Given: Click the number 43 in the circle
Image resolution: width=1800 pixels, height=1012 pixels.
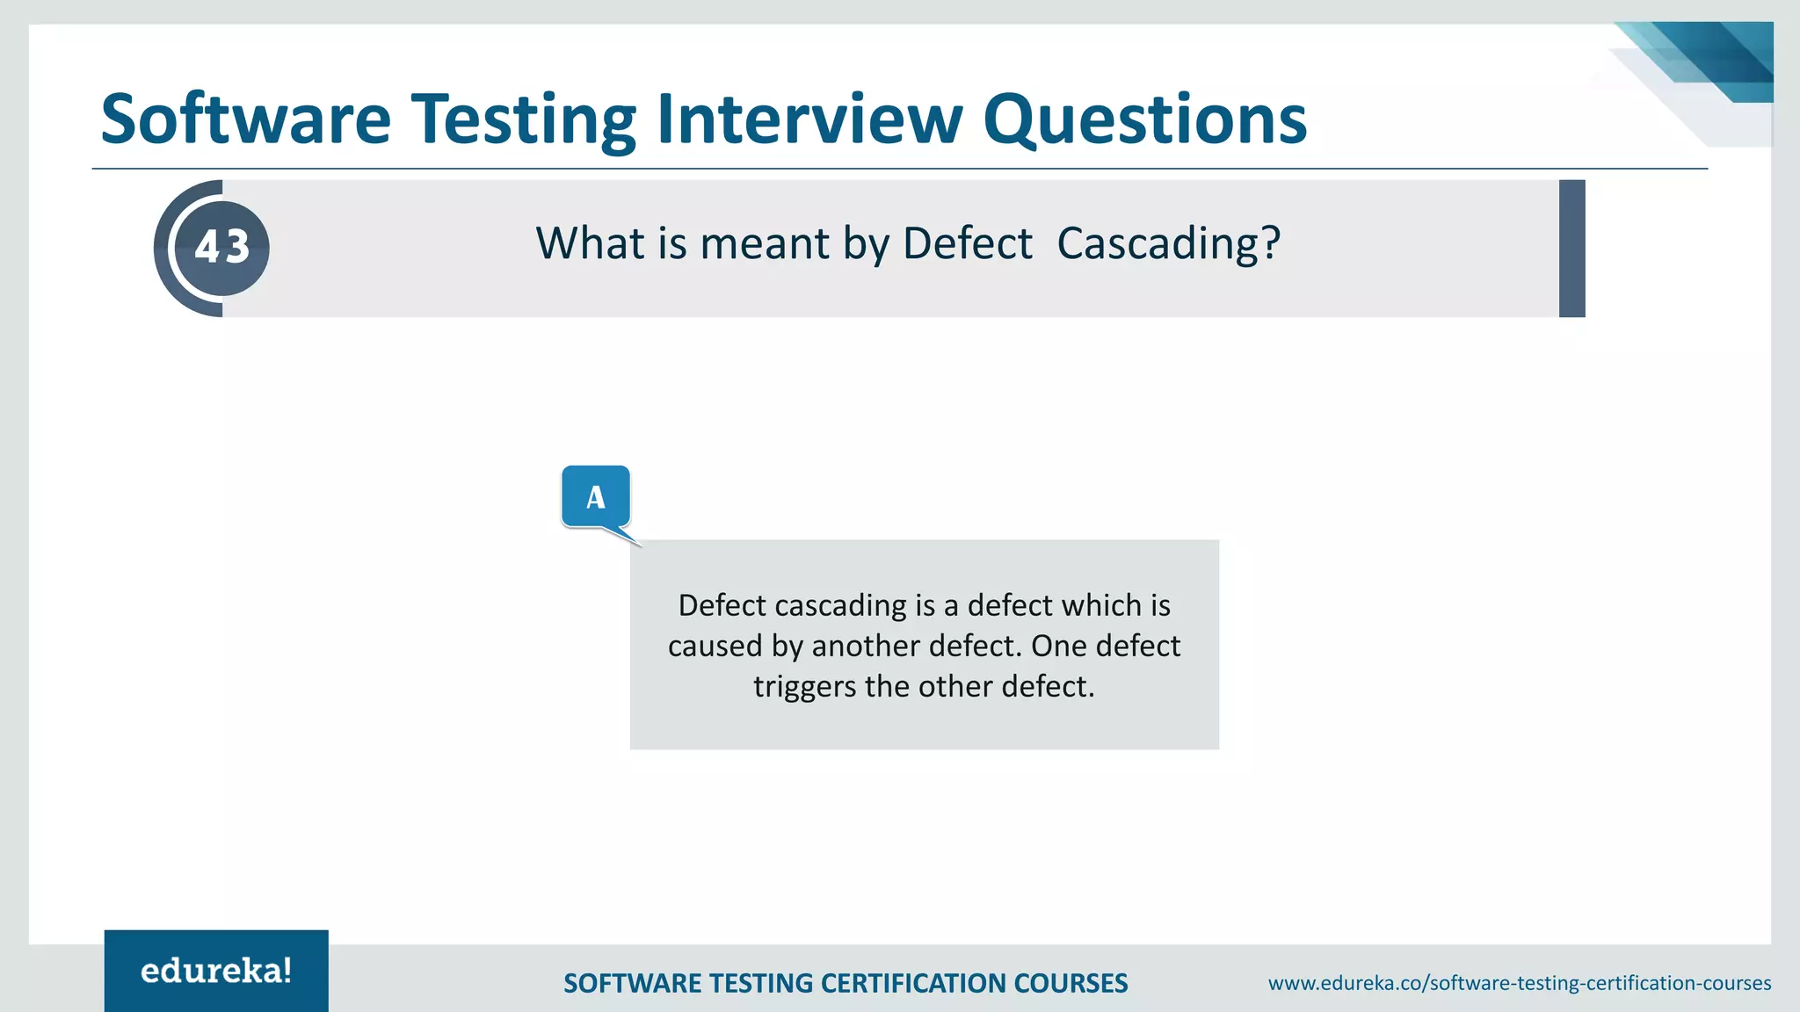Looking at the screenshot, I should pos(222,247).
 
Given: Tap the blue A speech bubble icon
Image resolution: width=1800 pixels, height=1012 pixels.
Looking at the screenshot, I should pos(596,497).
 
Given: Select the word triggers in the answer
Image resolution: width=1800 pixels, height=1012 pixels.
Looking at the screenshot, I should pos(804,686).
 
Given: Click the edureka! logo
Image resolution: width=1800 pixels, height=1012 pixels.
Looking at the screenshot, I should pos(216,971).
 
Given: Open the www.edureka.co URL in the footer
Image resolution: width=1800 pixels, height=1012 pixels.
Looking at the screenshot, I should pos(1519,983).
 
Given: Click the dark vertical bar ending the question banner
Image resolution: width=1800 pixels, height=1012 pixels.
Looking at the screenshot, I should pos(1571,249).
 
